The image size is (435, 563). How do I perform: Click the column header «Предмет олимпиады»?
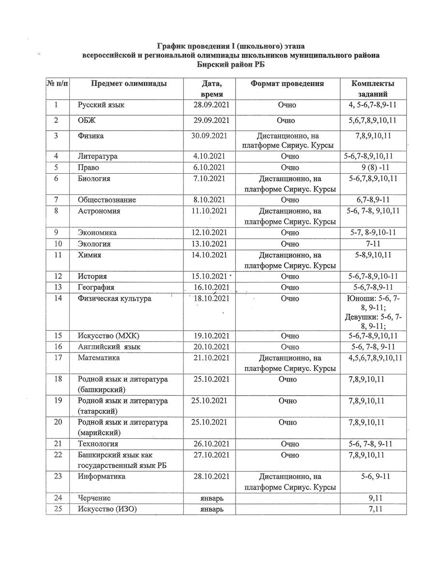pos(129,84)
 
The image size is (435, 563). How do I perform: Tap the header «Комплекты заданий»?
pos(373,89)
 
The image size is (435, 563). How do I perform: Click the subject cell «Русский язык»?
pos(101,105)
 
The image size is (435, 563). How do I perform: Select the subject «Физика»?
pos(90,136)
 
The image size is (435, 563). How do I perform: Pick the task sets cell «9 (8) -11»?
pos(373,168)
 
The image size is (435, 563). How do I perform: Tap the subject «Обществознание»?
pos(107,200)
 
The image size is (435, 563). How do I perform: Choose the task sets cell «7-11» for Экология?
pos(373,244)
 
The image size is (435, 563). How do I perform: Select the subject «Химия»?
pos(89,255)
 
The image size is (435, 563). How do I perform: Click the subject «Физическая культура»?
pos(114,298)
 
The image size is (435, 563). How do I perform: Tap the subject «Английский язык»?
pos(111,347)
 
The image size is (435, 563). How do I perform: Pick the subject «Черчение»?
pos(94,498)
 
